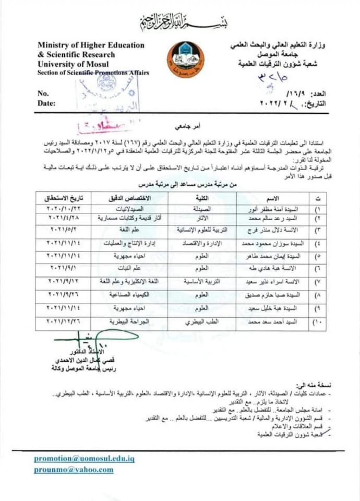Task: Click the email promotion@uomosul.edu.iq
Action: pyautogui.click(x=84, y=458)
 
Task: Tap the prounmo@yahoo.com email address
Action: pyautogui.click(x=73, y=469)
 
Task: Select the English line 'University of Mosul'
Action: pyautogui.click(x=73, y=64)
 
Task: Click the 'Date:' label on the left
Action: pyautogui.click(x=46, y=103)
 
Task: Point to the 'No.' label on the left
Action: pyautogui.click(x=43, y=93)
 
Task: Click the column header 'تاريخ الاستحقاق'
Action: pyautogui.click(x=63, y=198)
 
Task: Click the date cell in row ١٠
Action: pyautogui.click(x=63, y=322)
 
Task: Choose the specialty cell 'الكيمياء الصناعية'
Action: pyautogui.click(x=129, y=295)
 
